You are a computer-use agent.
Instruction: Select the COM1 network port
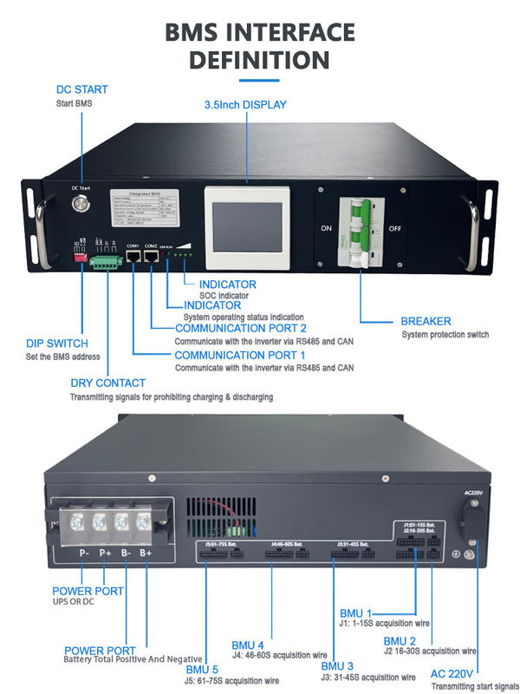(133, 259)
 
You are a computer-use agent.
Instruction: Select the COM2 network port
(151, 259)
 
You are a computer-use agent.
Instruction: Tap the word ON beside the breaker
(327, 228)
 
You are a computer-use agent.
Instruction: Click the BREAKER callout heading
(426, 321)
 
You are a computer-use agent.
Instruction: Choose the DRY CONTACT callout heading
(107, 383)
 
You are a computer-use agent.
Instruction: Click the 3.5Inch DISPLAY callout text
(245, 105)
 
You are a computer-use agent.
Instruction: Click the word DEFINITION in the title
(259, 60)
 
